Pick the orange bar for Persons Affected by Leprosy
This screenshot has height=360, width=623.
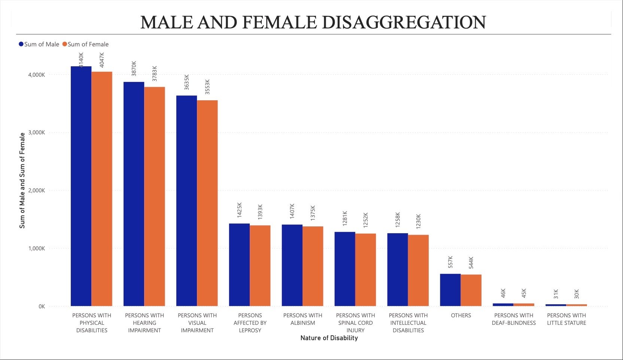260,265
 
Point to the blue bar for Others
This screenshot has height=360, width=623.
450,290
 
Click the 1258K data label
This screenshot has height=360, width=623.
398,219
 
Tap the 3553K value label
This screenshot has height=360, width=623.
207,86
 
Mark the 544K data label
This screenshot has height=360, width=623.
471,262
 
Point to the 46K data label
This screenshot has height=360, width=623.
503,293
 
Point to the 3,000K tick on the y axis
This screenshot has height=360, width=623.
36,132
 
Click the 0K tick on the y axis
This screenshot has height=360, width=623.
41,306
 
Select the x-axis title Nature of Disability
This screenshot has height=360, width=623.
329,338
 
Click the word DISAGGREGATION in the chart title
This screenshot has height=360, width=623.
404,22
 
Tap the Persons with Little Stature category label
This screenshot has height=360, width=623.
566,319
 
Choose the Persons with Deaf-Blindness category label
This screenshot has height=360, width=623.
514,319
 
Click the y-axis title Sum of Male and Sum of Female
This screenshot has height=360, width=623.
22,180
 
